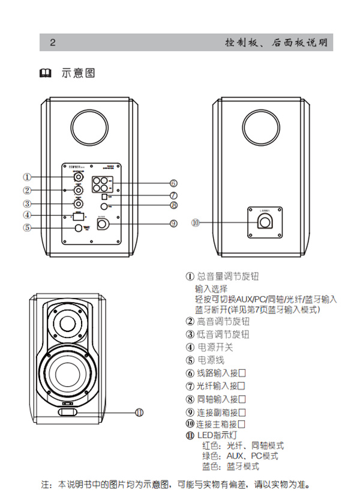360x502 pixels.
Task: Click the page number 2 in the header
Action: click(x=53, y=43)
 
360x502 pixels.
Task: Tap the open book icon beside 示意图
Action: click(x=46, y=74)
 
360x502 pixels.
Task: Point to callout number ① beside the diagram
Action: click(x=27, y=177)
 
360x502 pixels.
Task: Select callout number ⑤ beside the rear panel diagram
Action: click(x=27, y=228)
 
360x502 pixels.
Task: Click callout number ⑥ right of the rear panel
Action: click(x=173, y=183)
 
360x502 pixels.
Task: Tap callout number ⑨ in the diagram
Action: click(x=173, y=223)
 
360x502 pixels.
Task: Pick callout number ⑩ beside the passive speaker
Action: click(x=195, y=222)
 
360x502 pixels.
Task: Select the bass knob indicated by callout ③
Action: click(x=79, y=205)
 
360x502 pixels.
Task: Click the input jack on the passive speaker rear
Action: click(x=265, y=222)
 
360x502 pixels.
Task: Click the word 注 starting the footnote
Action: click(x=44, y=484)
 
